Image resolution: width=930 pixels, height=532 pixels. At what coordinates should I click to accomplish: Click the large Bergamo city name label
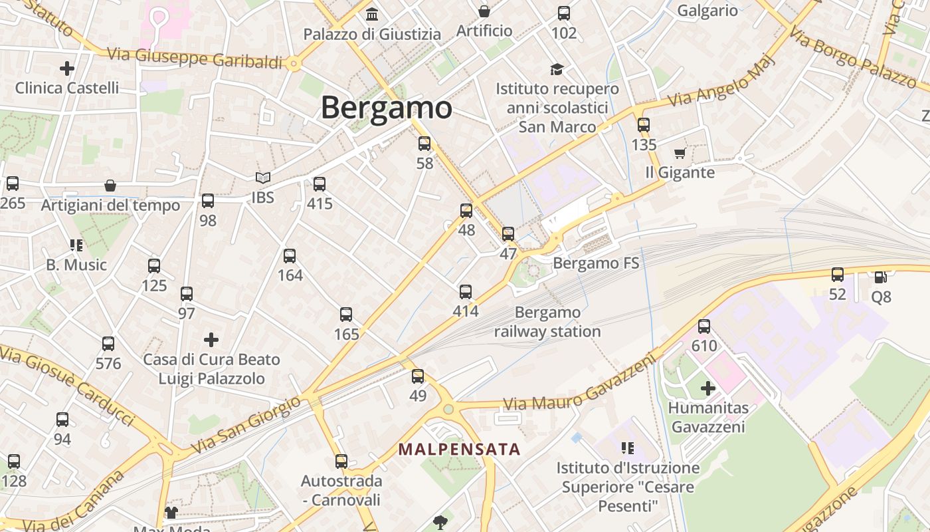click(x=386, y=108)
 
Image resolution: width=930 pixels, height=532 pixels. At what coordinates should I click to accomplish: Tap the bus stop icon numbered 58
click(x=424, y=144)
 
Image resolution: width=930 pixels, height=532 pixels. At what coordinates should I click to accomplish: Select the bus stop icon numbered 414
click(x=466, y=292)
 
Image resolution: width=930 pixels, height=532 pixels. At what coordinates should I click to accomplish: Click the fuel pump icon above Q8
click(x=881, y=277)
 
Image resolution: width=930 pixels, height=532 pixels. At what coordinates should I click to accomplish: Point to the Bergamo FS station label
click(x=596, y=263)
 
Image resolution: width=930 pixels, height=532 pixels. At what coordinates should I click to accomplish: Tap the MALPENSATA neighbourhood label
click(x=459, y=449)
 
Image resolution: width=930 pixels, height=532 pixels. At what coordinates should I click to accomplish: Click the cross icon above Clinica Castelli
click(x=67, y=68)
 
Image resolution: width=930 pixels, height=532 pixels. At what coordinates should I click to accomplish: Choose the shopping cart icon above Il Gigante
click(x=680, y=154)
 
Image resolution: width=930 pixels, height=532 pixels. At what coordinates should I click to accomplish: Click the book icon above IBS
click(x=263, y=178)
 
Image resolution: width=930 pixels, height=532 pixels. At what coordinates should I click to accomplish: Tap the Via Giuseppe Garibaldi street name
click(x=195, y=58)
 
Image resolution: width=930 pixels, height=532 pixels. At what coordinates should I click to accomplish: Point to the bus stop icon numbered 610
click(x=704, y=327)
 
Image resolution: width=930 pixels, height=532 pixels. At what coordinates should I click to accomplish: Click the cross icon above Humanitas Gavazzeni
click(x=708, y=388)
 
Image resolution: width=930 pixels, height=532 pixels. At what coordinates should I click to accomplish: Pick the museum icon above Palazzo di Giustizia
click(x=372, y=14)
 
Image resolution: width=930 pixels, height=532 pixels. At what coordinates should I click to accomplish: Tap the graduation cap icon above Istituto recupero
click(x=557, y=69)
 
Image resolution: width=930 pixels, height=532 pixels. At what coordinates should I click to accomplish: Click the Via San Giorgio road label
click(x=246, y=424)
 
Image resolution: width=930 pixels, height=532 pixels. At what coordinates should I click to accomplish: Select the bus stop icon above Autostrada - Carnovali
click(x=341, y=461)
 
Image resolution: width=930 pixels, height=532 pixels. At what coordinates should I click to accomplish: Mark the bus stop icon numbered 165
click(x=346, y=315)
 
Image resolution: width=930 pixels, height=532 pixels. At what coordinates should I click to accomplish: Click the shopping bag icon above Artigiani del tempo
click(x=110, y=186)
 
